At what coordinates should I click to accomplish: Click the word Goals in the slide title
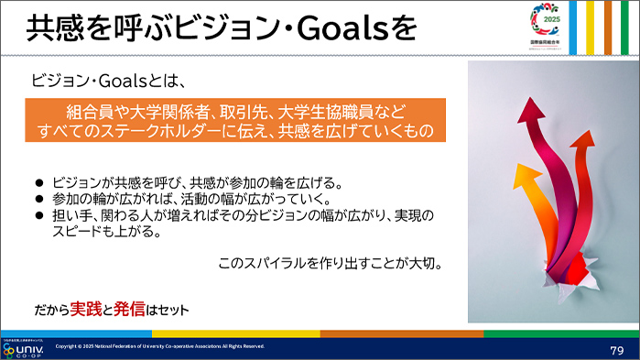pyautogui.click(x=337, y=28)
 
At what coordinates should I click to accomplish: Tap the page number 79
pyautogui.click(x=616, y=350)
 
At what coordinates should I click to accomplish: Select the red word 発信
pyautogui.click(x=130, y=309)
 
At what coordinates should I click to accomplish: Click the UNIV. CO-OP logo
pyautogui.click(x=25, y=349)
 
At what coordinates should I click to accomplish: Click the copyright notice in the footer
pyautogui.click(x=160, y=346)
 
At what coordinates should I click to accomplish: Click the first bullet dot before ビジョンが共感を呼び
pyautogui.click(x=38, y=182)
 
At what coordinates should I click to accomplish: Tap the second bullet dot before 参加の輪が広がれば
pyautogui.click(x=38, y=199)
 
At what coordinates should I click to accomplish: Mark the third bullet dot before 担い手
pyautogui.click(x=38, y=215)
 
